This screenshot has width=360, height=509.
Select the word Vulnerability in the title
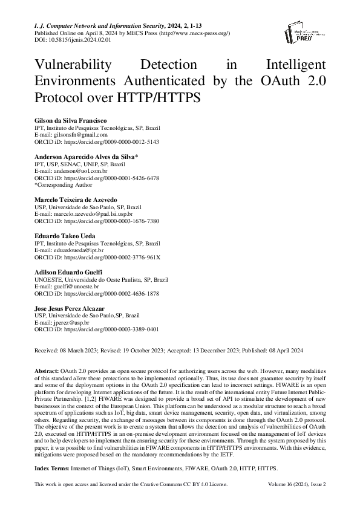click(x=76, y=65)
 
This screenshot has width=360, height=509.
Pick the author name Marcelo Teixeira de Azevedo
click(x=76, y=200)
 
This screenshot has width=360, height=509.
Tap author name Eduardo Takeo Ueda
click(x=68, y=236)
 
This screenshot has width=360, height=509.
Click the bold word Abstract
click(x=47, y=369)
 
